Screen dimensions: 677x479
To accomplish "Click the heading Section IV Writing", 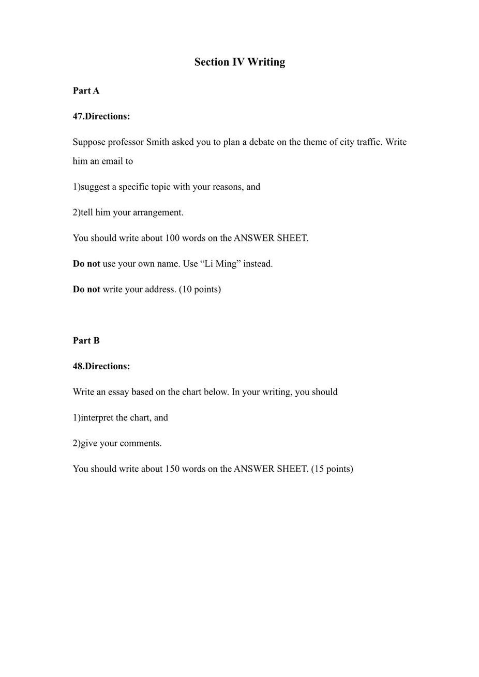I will click(x=239, y=62).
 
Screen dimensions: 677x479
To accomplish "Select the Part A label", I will click(x=86, y=91).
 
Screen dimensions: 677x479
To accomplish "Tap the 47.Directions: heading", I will click(x=101, y=116).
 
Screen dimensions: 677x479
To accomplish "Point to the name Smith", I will click(x=158, y=142).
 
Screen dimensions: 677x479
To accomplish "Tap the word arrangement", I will click(x=158, y=213).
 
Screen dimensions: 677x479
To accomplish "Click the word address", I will click(x=159, y=290).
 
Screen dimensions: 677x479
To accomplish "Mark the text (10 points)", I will click(x=200, y=290).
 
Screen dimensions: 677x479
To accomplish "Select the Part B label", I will click(x=86, y=340).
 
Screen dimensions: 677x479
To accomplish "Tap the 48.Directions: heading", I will click(x=101, y=366).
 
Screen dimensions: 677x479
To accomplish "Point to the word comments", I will click(x=140, y=443).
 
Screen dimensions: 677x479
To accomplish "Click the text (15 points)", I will click(x=332, y=469).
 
